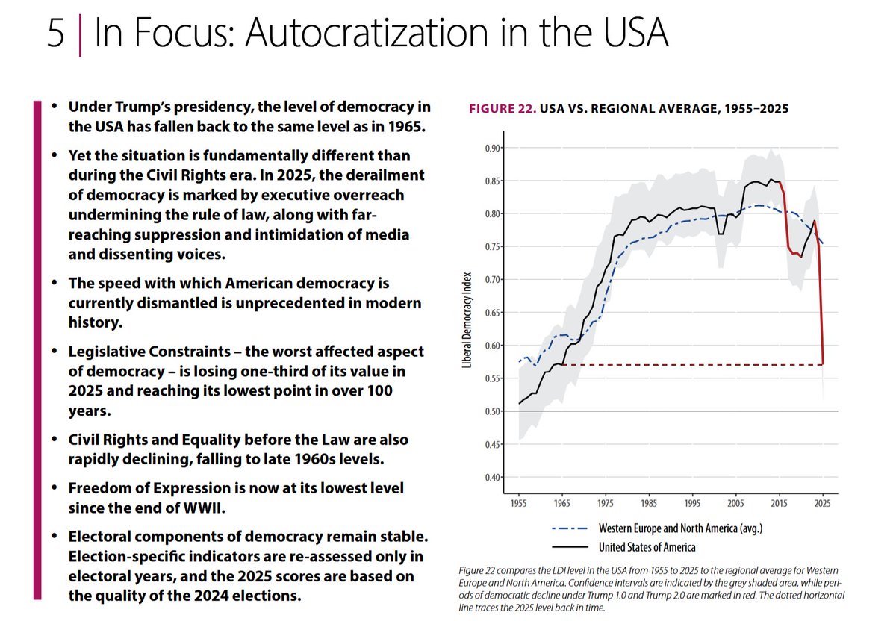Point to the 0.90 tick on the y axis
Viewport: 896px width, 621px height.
[494, 148]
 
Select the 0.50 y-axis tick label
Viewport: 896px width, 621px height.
[494, 411]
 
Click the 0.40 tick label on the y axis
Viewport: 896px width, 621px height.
[494, 477]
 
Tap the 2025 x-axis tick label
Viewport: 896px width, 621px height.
[823, 502]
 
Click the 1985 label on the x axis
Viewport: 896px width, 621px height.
[647, 502]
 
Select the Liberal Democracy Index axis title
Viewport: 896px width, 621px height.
[467, 319]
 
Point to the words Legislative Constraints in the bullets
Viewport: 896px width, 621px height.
[142, 351]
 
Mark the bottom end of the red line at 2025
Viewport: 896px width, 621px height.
[823, 364]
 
